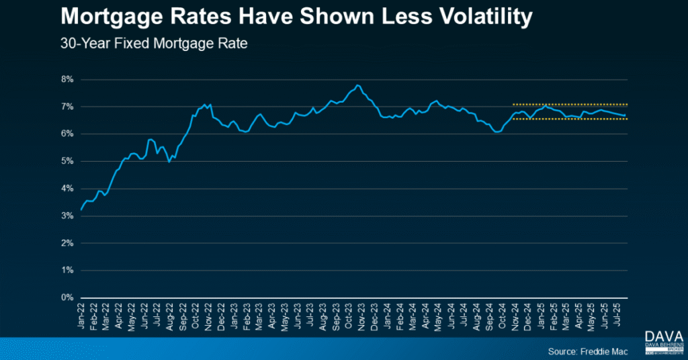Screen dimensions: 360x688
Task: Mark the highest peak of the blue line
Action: (358, 85)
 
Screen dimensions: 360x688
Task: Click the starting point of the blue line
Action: (81, 210)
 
